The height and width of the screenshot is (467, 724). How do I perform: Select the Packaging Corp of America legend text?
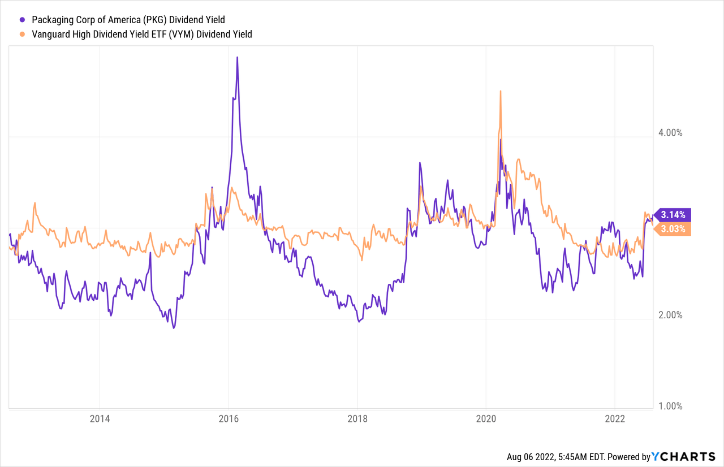pyautogui.click(x=128, y=20)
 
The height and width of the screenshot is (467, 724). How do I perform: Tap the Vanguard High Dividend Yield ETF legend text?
pyautogui.click(x=142, y=34)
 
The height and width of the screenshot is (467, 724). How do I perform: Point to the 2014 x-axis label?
pyautogui.click(x=100, y=420)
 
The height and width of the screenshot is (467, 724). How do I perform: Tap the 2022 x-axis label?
pyautogui.click(x=615, y=420)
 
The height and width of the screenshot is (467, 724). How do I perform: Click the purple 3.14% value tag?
pyautogui.click(x=673, y=214)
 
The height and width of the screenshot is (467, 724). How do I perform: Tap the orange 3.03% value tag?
pyautogui.click(x=673, y=229)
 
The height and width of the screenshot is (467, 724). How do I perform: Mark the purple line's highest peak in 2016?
pyautogui.click(x=238, y=57)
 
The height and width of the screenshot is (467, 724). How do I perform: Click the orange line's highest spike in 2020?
pyautogui.click(x=501, y=90)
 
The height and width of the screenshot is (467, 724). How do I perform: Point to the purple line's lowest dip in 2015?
pyautogui.click(x=174, y=328)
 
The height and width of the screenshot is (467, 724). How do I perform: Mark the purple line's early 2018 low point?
pyautogui.click(x=359, y=321)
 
